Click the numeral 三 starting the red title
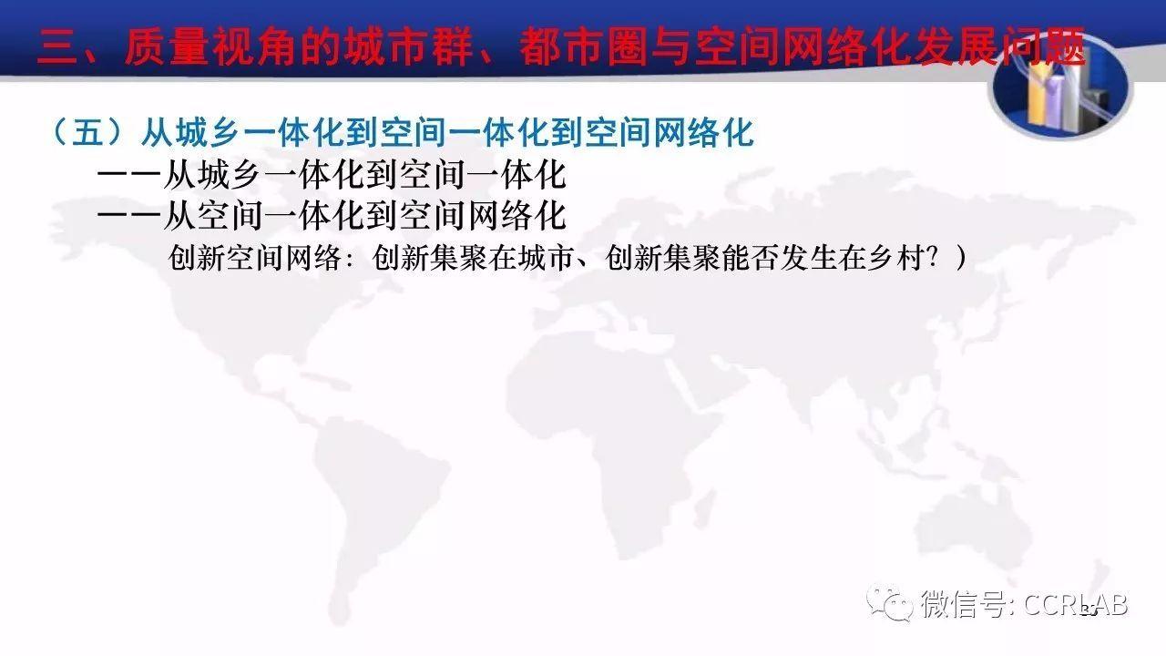pos(57,47)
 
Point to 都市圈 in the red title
pos(584,47)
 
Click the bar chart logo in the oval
pos(1061,87)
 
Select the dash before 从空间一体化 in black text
pos(128,215)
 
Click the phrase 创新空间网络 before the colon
pos(255,257)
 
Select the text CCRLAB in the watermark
pos(1076,605)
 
